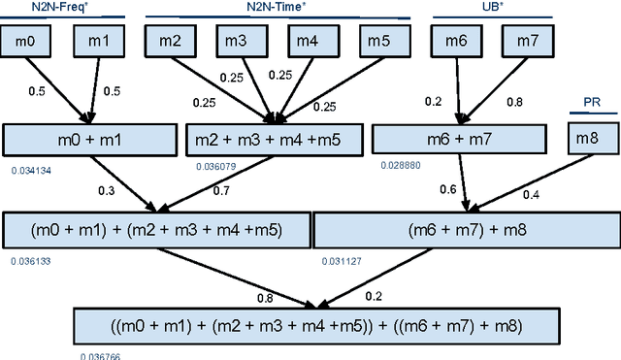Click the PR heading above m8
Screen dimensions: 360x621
(x=592, y=102)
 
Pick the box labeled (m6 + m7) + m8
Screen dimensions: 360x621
(x=464, y=230)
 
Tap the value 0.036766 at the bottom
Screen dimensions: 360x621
(x=101, y=355)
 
